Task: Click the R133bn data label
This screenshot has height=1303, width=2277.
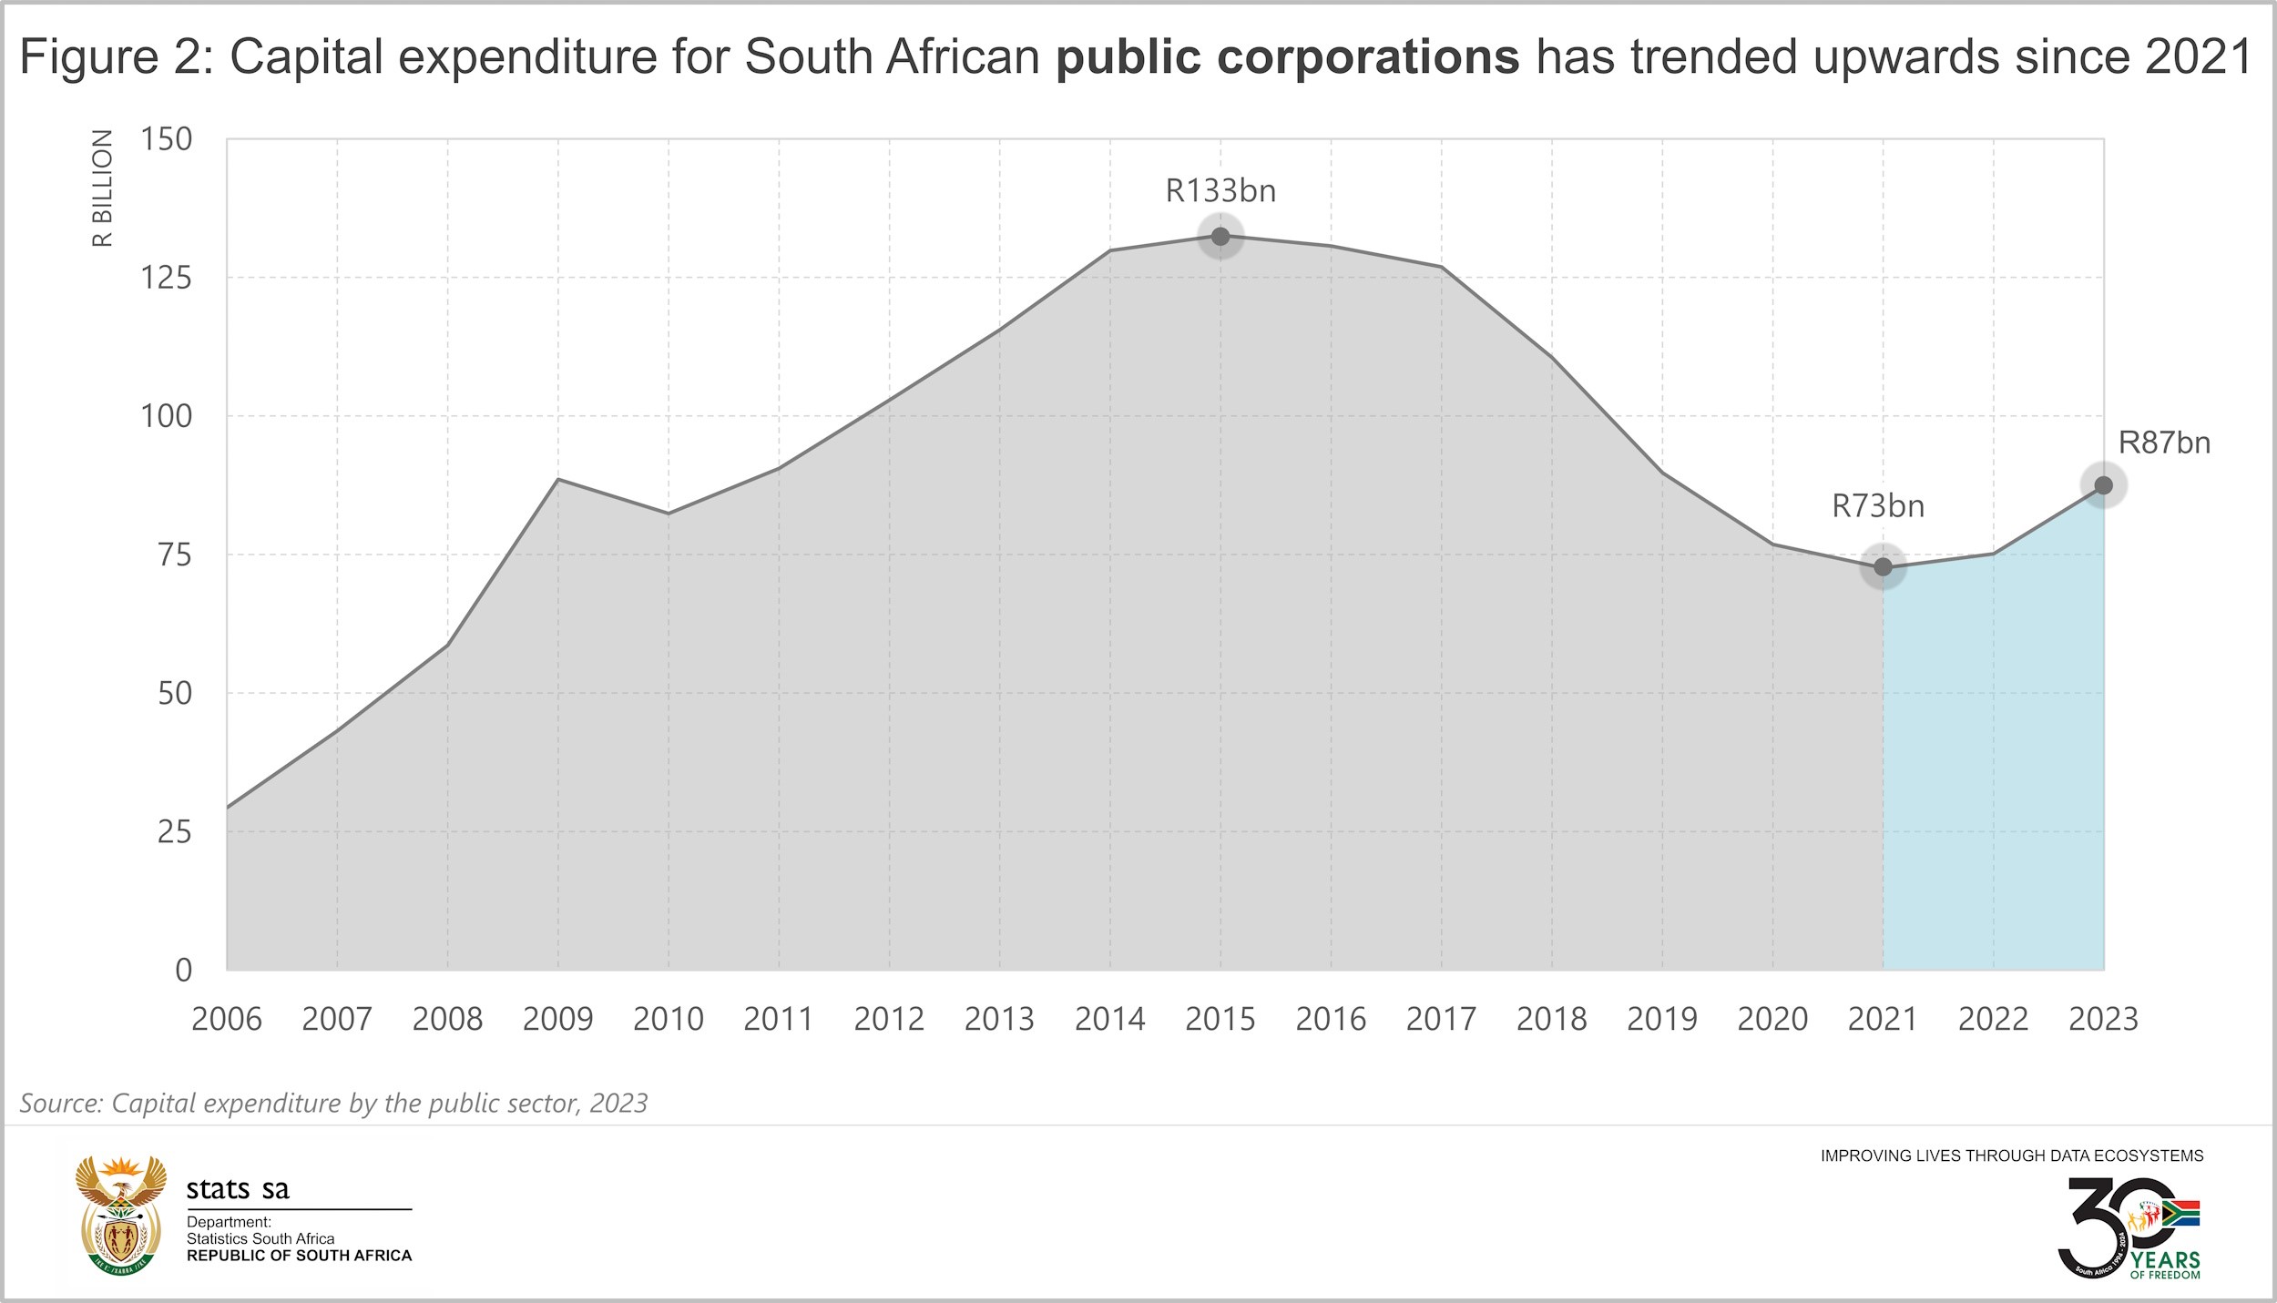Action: (x=1220, y=191)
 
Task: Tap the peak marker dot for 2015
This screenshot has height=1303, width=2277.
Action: (x=1220, y=237)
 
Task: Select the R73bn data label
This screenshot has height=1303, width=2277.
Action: (x=1878, y=506)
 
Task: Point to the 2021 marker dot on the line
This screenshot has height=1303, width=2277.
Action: (x=1883, y=568)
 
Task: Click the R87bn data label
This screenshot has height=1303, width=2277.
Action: (x=2164, y=443)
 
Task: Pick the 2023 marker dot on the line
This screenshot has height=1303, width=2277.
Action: (x=2103, y=485)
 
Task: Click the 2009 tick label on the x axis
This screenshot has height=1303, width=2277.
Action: (x=557, y=1019)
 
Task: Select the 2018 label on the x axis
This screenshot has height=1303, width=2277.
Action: (x=1551, y=1019)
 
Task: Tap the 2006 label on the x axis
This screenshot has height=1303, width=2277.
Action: (x=227, y=1019)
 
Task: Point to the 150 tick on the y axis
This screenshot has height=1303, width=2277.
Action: (x=166, y=139)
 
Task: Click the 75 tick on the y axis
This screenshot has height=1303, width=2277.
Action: (x=175, y=555)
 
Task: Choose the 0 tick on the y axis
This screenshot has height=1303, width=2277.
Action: (x=184, y=970)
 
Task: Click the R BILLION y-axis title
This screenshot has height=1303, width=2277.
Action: (x=103, y=188)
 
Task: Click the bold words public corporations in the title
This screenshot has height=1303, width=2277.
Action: (x=1287, y=56)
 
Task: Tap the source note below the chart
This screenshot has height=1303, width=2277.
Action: (x=333, y=1103)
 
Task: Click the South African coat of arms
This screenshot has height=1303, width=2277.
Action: (x=121, y=1216)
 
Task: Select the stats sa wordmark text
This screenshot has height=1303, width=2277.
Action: (x=238, y=1189)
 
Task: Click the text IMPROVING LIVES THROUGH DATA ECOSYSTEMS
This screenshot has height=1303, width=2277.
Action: (x=2012, y=1155)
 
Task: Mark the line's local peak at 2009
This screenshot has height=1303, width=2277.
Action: (x=557, y=479)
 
